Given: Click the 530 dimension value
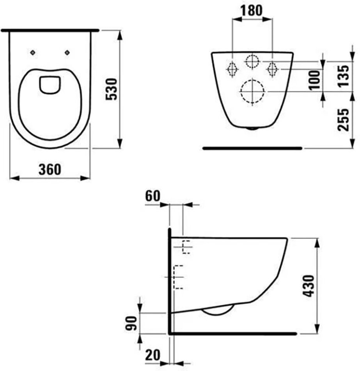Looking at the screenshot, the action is (111, 89).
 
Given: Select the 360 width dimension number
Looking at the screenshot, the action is (50, 169).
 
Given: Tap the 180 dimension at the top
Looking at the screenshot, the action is (252, 11).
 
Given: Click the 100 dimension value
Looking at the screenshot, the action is (315, 80).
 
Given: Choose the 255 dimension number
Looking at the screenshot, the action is (343, 120).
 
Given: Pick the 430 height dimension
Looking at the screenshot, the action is (309, 285).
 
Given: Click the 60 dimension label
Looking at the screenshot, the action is (153, 196).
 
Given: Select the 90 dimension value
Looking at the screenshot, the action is (131, 323).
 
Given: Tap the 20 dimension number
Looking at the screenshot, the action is (153, 355).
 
